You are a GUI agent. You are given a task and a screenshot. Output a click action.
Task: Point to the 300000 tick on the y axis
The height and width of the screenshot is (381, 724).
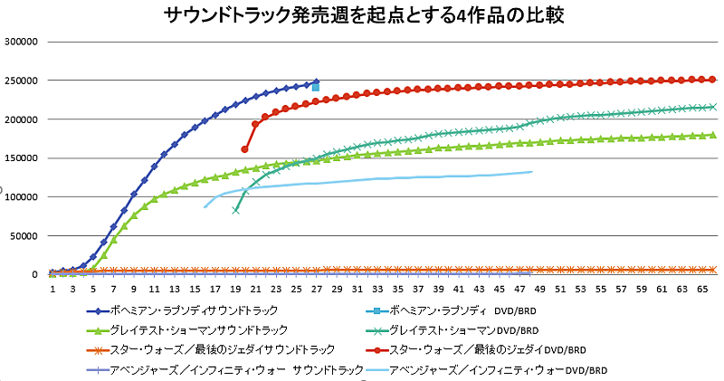click(x=21, y=42)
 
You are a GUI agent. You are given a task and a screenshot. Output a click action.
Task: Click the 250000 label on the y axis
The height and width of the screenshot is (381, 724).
click(x=21, y=81)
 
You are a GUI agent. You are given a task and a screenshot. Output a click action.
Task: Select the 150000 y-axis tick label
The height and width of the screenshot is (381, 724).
click(x=21, y=158)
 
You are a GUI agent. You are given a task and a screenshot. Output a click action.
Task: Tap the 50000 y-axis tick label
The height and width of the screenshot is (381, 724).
click(x=24, y=236)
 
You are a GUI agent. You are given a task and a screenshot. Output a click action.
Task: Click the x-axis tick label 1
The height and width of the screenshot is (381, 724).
click(x=53, y=289)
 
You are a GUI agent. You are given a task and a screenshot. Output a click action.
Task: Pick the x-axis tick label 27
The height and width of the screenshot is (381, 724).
click(x=316, y=289)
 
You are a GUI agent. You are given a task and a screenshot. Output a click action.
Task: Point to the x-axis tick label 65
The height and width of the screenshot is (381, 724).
click(x=702, y=289)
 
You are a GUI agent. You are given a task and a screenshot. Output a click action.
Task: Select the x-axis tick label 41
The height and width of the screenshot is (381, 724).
click(x=458, y=289)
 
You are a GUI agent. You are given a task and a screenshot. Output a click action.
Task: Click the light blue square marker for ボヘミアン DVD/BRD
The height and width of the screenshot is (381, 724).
click(x=316, y=87)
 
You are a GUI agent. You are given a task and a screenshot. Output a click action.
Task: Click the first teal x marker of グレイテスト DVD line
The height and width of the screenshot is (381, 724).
click(x=235, y=210)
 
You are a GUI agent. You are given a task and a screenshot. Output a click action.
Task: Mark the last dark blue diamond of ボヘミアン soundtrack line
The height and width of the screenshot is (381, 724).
click(x=316, y=81)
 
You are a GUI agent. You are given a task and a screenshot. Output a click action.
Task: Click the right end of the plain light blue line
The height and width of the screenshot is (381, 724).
click(x=531, y=171)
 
